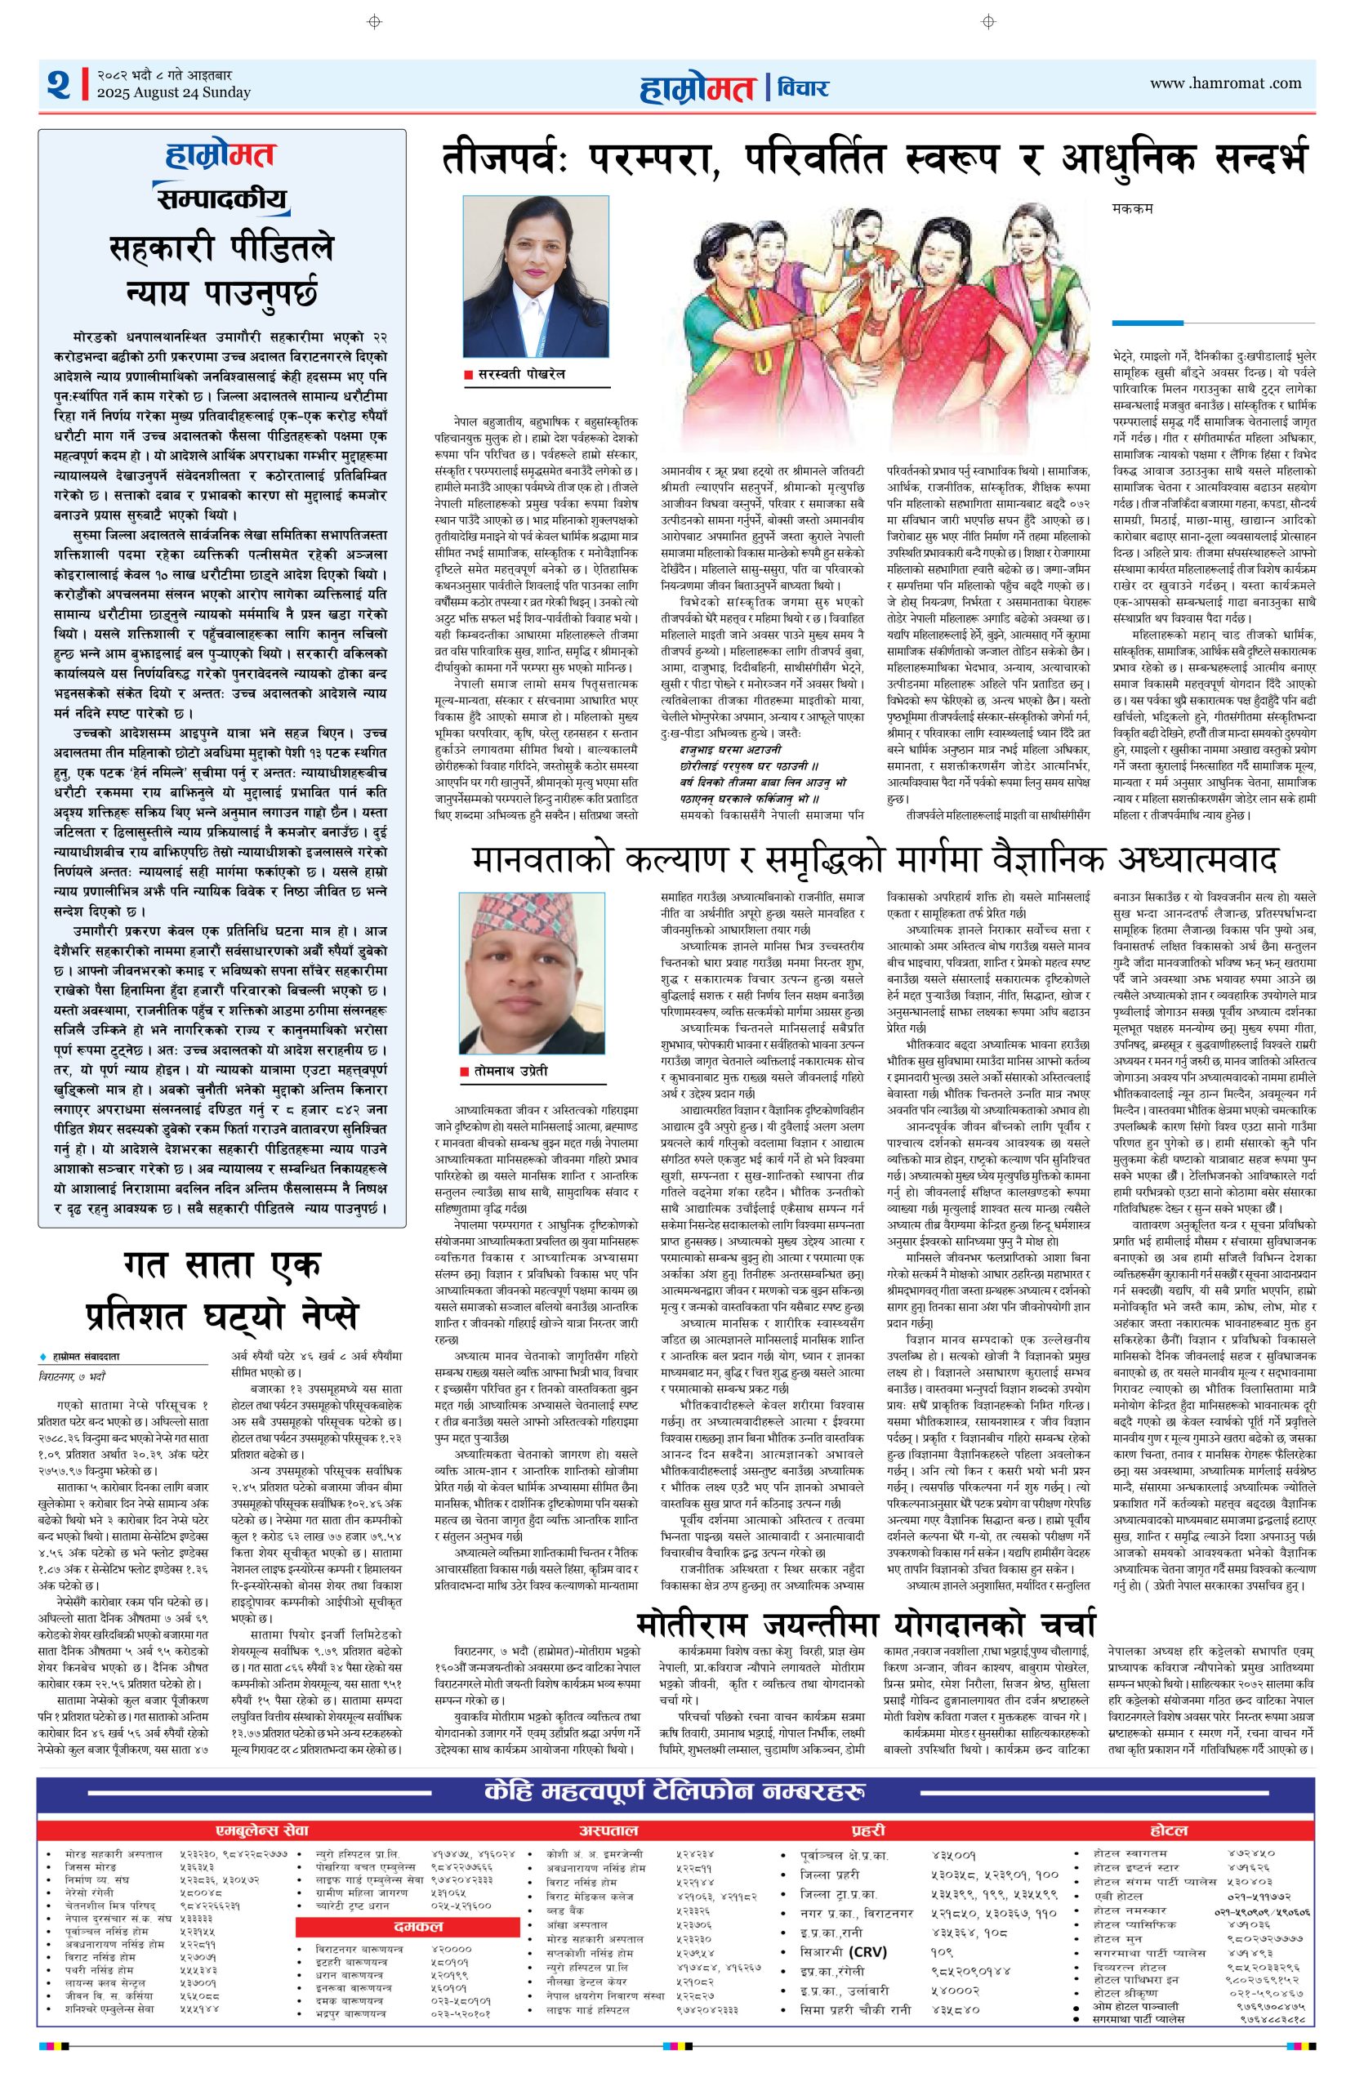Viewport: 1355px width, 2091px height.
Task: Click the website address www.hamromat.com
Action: (x=1225, y=83)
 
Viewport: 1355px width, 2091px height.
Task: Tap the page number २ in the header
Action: (x=59, y=85)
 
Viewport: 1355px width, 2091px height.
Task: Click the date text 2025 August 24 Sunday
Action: (x=173, y=92)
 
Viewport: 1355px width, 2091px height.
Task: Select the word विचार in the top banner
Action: (x=804, y=87)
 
